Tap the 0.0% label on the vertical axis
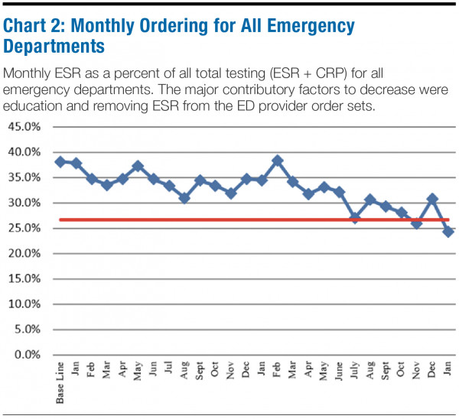coord(24,355)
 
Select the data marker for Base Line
coord(60,162)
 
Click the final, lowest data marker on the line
coord(448,232)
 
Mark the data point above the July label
coord(355,218)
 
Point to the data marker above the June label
coord(339,192)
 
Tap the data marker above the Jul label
coord(168,186)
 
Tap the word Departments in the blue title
coord(54,46)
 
